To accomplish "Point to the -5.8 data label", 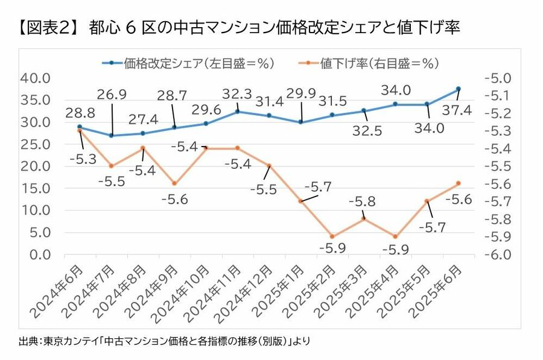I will tap(364, 201).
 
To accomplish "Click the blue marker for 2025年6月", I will tap(459, 89).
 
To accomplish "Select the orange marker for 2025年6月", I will tap(459, 183).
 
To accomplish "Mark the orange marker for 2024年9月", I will tap(174, 183).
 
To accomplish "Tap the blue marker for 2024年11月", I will tap(238, 112).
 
